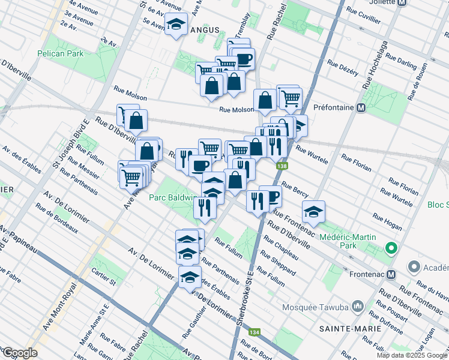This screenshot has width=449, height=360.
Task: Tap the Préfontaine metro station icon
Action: [361, 108]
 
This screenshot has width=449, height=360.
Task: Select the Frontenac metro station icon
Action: [391, 275]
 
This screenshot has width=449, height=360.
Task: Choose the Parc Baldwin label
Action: [173, 197]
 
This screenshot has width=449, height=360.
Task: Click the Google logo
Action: [20, 353]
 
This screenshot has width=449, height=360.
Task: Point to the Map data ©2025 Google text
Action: [412, 355]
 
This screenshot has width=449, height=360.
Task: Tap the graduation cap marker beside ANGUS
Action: [176, 25]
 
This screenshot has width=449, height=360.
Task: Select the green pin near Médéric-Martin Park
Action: [391, 248]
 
